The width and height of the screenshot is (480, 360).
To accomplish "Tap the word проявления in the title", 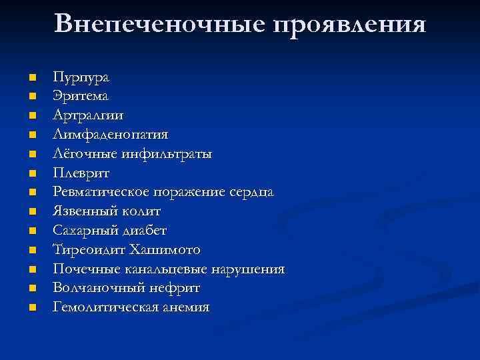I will pyautogui.click(x=348, y=25).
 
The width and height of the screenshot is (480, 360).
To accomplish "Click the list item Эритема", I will pyautogui.click(x=81, y=96).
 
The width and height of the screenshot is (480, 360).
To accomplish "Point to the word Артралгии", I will pyautogui.click(x=88, y=115).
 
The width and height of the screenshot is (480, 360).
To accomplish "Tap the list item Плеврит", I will pyautogui.click(x=82, y=173).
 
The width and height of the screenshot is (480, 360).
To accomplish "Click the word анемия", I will pyautogui.click(x=185, y=307).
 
